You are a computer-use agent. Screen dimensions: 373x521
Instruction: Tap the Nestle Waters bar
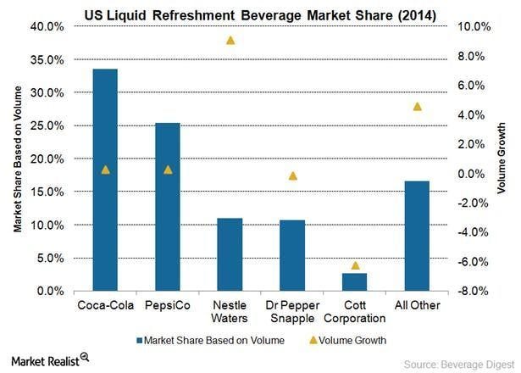[x=230, y=254]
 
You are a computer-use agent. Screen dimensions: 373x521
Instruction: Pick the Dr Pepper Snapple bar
[x=292, y=255]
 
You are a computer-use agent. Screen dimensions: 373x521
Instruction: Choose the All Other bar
[x=417, y=236]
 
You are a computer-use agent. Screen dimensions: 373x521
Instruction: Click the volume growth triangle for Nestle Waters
[x=230, y=40]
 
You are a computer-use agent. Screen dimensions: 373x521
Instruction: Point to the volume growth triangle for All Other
[x=417, y=106]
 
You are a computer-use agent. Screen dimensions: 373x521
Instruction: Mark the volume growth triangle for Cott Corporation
[x=355, y=265]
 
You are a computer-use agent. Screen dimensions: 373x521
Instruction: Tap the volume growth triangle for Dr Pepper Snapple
[x=293, y=175]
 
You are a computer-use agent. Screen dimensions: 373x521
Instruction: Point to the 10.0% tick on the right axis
[x=472, y=26]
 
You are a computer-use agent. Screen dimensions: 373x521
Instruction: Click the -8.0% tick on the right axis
[x=472, y=291]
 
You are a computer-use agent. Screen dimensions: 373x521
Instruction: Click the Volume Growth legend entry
[x=350, y=341]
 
